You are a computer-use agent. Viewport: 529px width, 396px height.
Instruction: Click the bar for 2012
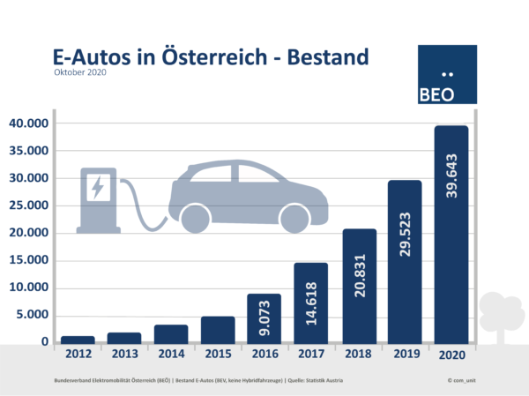(x=77, y=339)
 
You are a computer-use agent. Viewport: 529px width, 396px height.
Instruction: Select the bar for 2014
(x=171, y=333)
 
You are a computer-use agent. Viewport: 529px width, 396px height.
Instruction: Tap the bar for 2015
(x=218, y=329)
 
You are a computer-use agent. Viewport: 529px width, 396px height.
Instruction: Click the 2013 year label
(x=123, y=355)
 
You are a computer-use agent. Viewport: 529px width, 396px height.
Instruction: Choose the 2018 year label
(x=359, y=355)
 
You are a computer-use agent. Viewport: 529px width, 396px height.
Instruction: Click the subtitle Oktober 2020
(x=79, y=73)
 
